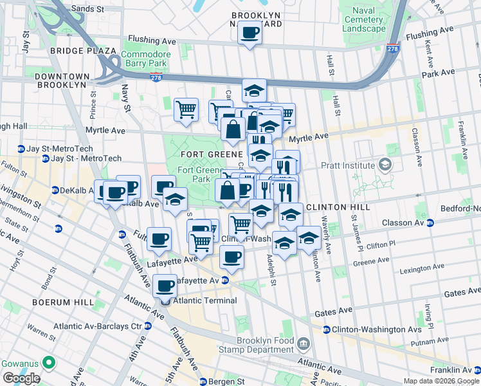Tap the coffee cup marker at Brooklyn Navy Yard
tap(250, 32)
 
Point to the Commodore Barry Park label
tap(146, 59)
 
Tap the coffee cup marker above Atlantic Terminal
tap(165, 284)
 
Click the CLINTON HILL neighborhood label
tap(338, 208)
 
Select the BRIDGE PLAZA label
tap(85, 50)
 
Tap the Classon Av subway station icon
tap(430, 223)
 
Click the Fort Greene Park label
tap(194, 174)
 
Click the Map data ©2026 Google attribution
tap(440, 381)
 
